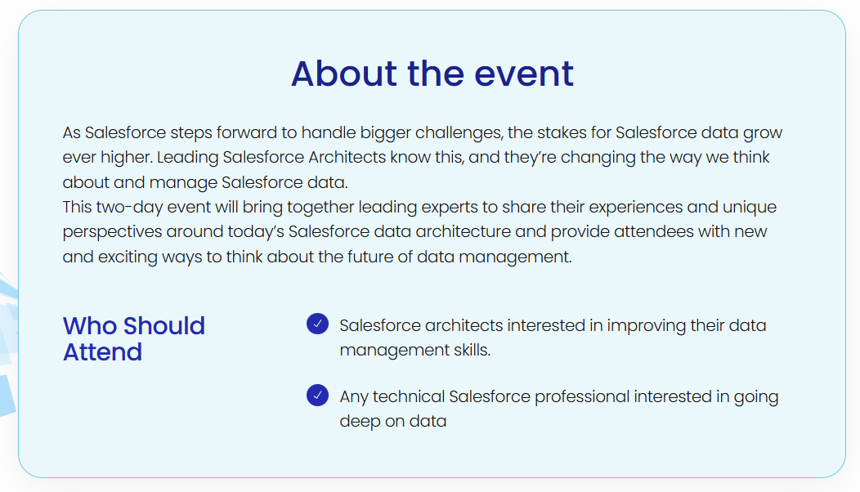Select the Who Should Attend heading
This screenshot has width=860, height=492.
[x=133, y=338]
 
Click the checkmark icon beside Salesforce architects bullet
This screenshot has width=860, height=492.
[x=317, y=324]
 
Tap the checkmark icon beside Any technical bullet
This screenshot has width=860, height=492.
[x=317, y=396]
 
